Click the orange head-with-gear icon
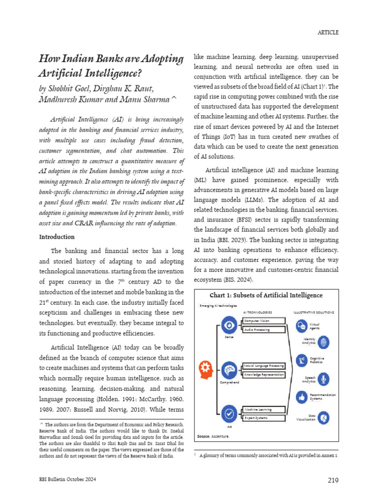tap(206, 369)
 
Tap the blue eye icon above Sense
tap(228, 325)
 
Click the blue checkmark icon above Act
tap(228, 413)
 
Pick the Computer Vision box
tap(264, 321)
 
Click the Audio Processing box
tap(264, 329)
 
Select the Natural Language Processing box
tap(264, 366)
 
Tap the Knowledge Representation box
tap(264, 375)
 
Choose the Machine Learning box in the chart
tap(264, 409)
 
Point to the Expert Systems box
tap(264, 418)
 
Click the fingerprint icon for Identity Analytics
tap(324, 343)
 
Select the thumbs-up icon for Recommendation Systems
tap(302, 397)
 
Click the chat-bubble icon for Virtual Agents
tap(302, 326)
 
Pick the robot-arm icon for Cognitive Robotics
tap(302, 361)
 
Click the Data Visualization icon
tap(323, 418)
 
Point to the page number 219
tap(332, 480)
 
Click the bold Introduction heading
tap(57, 237)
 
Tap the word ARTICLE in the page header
tap(328, 32)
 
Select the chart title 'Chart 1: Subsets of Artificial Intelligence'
tap(266, 295)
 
